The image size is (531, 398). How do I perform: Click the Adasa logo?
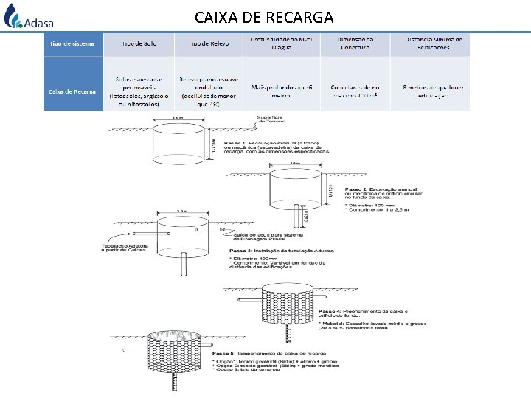28,17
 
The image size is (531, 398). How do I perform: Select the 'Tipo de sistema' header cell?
72,44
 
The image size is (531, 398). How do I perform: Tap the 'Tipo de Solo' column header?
139,44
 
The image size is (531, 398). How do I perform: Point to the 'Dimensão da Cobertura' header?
355,44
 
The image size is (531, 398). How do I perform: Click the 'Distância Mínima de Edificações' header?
433,44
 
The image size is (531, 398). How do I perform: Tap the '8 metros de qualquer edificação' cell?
433,91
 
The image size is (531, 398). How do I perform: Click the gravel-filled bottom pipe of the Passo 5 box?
176,383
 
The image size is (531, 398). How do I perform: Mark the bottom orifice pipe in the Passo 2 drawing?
297,215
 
